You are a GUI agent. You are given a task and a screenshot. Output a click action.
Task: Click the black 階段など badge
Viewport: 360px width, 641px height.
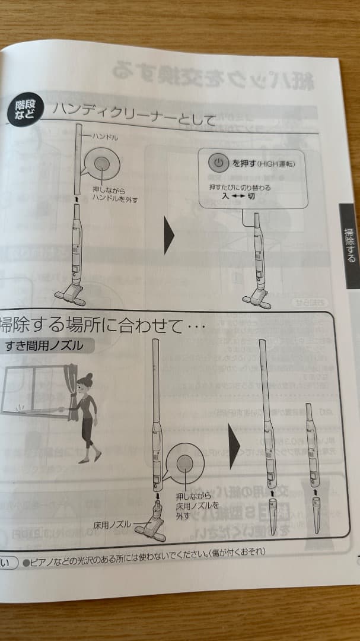[24, 110]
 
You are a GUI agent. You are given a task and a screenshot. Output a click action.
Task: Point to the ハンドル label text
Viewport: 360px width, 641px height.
[106, 137]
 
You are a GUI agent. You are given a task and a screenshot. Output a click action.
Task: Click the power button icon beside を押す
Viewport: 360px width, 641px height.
[218, 162]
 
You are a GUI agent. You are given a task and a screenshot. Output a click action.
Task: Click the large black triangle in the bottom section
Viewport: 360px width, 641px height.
[234, 445]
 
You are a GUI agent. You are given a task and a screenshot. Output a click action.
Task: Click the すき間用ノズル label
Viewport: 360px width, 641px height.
[44, 345]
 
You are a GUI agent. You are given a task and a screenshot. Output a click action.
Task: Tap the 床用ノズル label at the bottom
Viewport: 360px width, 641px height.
[112, 525]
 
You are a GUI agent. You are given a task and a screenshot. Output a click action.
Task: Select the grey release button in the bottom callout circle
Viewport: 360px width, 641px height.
[185, 464]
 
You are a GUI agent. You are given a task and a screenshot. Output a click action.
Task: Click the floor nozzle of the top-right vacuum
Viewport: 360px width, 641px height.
[256, 299]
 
